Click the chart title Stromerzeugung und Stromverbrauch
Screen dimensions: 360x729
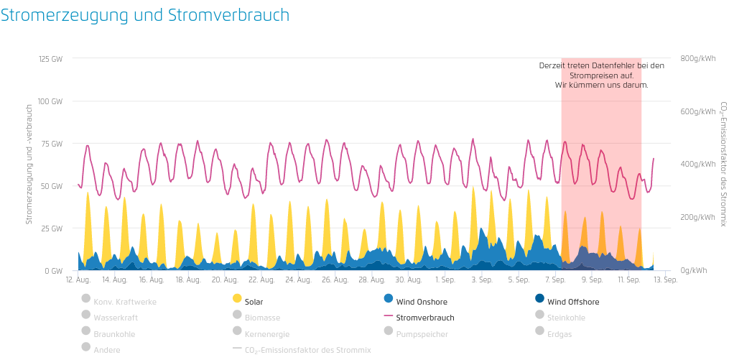tap(145, 15)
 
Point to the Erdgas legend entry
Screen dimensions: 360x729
tap(559, 334)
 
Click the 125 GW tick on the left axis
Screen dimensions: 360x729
tap(51, 58)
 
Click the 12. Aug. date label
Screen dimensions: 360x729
tap(78, 280)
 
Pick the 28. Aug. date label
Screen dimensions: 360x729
tap(372, 280)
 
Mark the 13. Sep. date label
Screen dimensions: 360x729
tap(666, 280)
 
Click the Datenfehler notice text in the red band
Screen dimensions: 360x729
tap(601, 75)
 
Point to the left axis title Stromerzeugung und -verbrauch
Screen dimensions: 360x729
tap(29, 165)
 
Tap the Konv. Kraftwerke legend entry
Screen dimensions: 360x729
tap(124, 302)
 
